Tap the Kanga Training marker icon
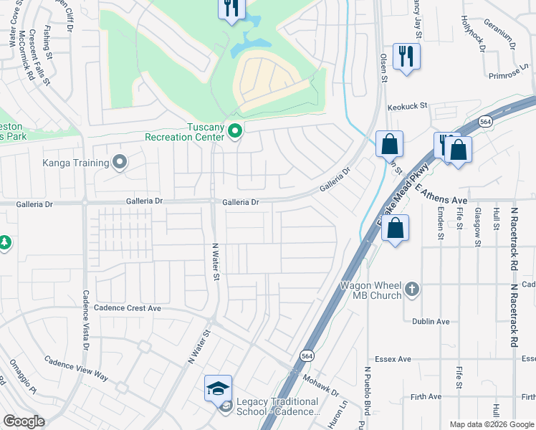click(119, 162)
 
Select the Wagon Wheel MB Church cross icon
click(411, 290)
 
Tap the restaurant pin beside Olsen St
click(406, 56)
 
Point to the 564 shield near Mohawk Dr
click(306, 356)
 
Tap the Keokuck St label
click(407, 106)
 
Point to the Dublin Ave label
click(430, 321)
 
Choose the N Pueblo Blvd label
click(366, 398)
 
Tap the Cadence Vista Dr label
click(85, 319)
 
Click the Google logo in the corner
click(24, 421)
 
